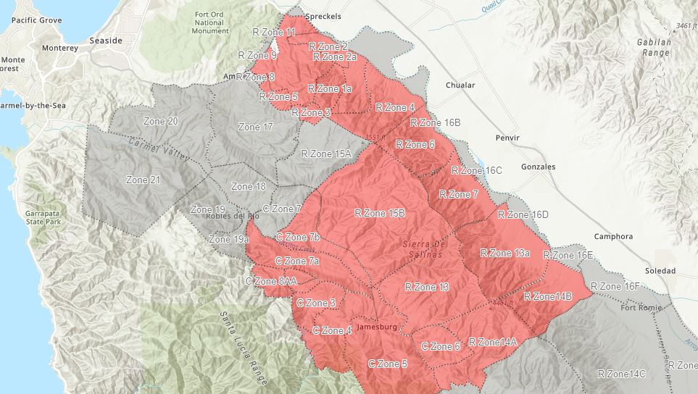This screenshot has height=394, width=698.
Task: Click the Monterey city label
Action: [60, 48]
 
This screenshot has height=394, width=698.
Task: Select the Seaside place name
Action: [106, 41]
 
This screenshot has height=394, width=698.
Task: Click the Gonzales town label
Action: [538, 167]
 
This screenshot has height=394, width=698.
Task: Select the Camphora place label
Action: [613, 237]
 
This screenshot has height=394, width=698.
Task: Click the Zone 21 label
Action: [143, 180]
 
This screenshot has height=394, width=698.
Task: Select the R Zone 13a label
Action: [505, 253]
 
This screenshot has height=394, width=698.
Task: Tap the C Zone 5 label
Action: [388, 364]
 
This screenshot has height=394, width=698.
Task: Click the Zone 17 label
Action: [255, 127]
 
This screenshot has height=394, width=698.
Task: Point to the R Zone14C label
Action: [621, 374]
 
